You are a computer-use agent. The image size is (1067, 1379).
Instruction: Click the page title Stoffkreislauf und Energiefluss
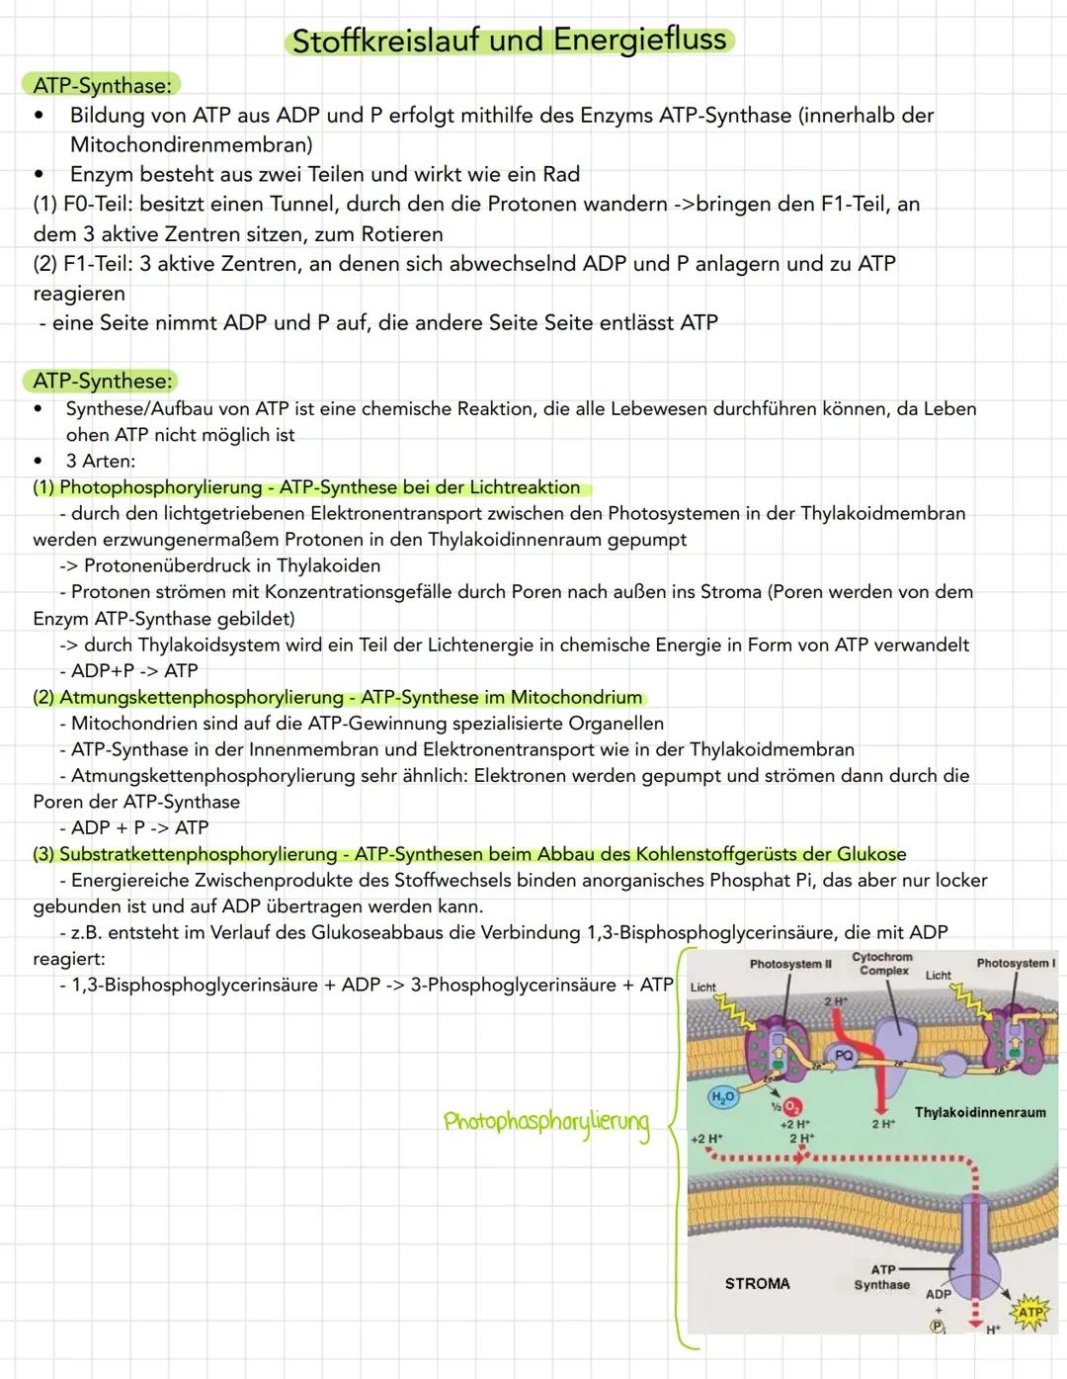coord(510,42)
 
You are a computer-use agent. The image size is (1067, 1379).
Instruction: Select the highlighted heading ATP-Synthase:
coord(102,86)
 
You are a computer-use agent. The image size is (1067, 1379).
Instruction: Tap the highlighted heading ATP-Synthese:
coord(104,381)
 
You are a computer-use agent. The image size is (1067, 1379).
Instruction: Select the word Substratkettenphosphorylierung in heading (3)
coord(198,854)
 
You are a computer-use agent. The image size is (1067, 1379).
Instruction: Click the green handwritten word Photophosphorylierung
coord(546,1124)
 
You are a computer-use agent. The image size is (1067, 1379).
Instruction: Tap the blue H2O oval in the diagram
coord(723,1097)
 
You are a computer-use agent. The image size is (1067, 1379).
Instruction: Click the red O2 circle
coord(792,1107)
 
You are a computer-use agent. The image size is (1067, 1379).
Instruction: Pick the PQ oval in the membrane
coord(843,1056)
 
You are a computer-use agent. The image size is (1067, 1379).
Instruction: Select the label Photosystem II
coord(790,964)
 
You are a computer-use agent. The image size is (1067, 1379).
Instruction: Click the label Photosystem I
coord(1016,963)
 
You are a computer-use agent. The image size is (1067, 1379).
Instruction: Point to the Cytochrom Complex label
coord(882,964)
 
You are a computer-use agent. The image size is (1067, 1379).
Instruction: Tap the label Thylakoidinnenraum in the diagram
coord(979,1112)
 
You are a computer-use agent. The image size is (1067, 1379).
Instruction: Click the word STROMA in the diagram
coord(757,1283)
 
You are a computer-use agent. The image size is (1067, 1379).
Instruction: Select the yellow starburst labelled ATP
coord(1030,1312)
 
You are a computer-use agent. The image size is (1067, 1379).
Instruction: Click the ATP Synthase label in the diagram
coord(881,1277)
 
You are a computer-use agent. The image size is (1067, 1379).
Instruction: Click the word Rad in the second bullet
coord(561,175)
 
